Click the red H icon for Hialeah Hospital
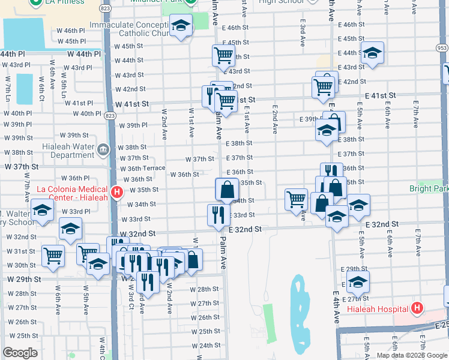tap(417, 309)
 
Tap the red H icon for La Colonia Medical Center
tap(117, 193)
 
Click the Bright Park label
tap(429, 188)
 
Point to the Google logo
tap(20, 353)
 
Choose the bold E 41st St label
tap(380, 95)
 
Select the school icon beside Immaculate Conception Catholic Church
tap(181, 25)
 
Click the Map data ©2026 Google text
tap(412, 355)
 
